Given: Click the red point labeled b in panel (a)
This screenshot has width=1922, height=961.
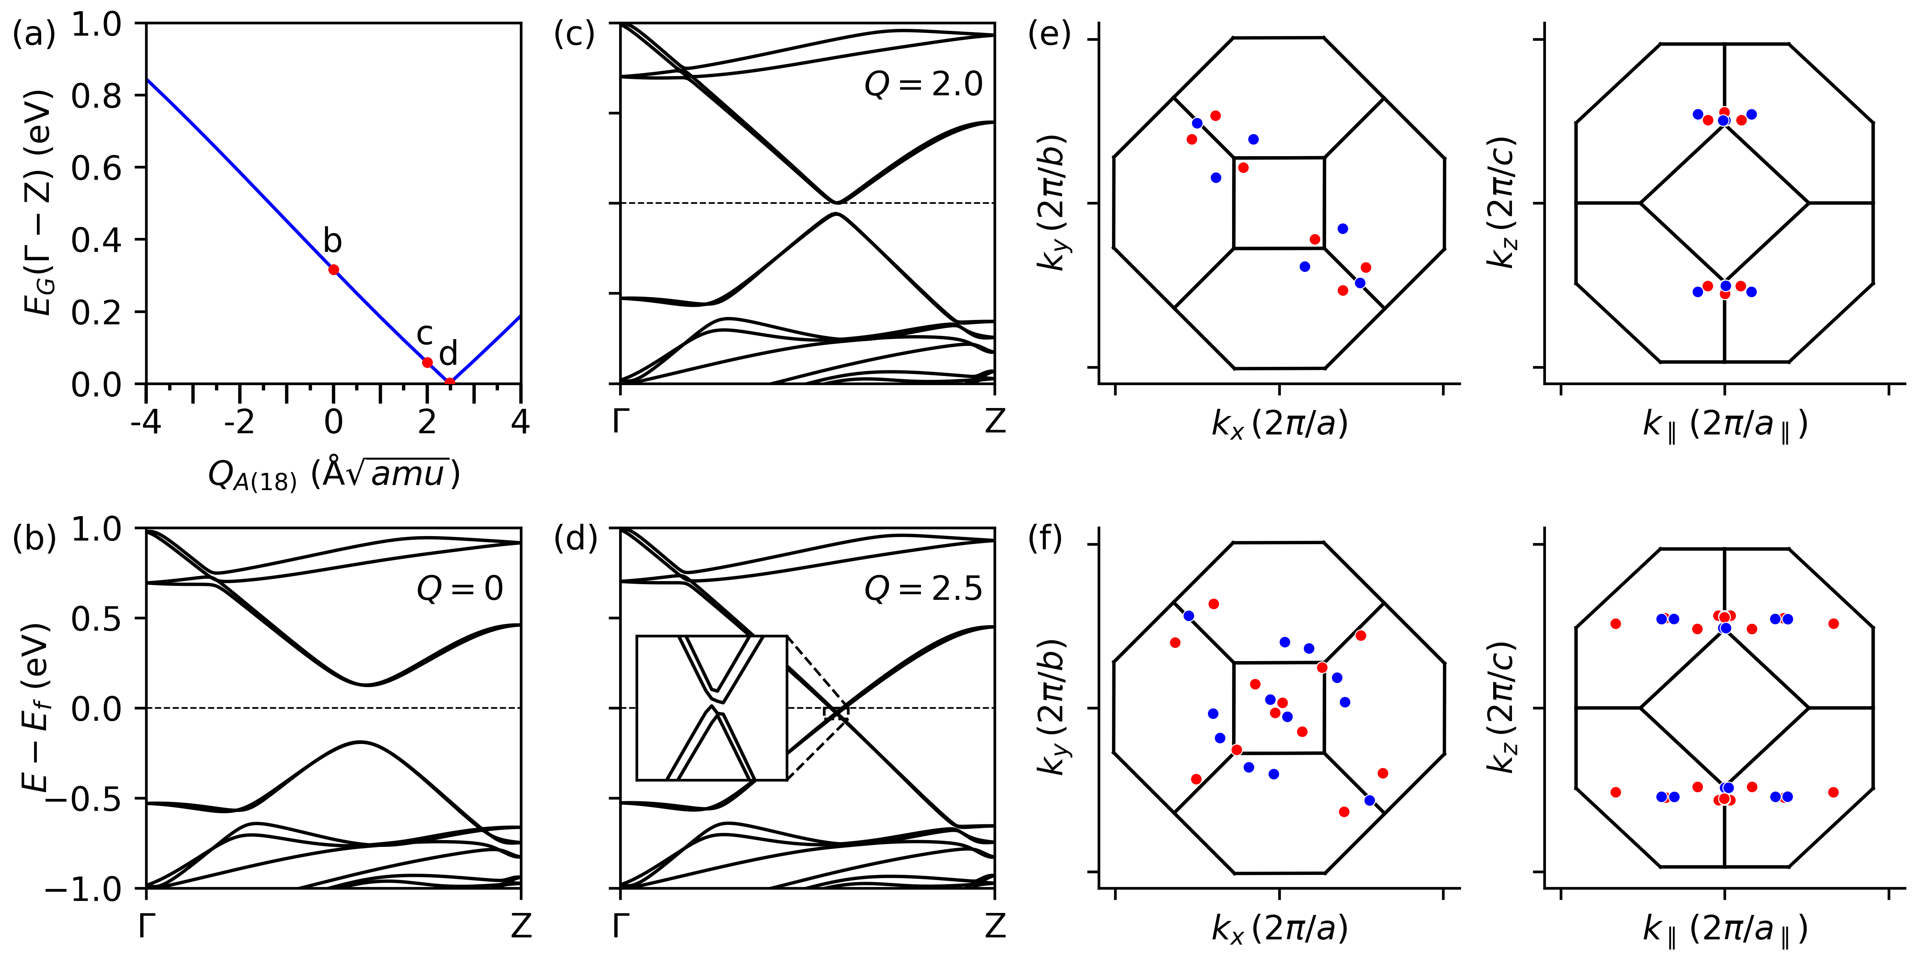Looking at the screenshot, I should pos(334,269).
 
